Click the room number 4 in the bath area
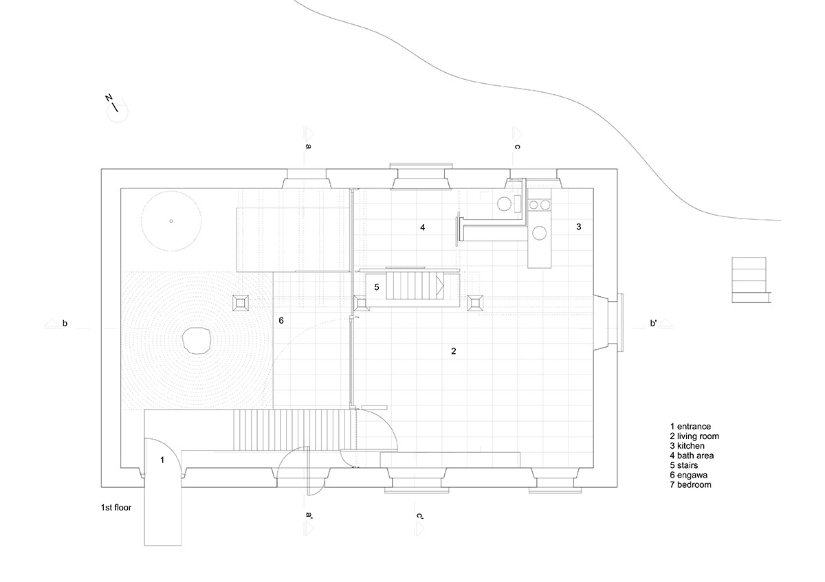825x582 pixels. [422, 227]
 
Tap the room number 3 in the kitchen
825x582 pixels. [579, 227]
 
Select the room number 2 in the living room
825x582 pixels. [453, 351]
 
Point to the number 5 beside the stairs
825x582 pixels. [377, 287]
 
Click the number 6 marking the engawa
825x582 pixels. [281, 321]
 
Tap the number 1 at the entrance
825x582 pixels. [162, 460]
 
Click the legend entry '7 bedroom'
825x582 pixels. [690, 485]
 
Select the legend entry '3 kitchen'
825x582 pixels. [687, 446]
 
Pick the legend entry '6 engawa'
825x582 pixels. [689, 475]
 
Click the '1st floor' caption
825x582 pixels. [116, 508]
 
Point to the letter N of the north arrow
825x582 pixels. [109, 98]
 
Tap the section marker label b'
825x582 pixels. [653, 323]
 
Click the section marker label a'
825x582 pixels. [309, 515]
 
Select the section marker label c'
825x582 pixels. [420, 516]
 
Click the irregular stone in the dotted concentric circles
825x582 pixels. [197, 341]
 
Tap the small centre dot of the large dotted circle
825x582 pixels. [171, 221]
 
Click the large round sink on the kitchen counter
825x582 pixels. [539, 233]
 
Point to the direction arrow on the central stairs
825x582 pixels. [440, 287]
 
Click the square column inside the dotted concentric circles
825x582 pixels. [241, 303]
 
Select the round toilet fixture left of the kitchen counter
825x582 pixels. [503, 203]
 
